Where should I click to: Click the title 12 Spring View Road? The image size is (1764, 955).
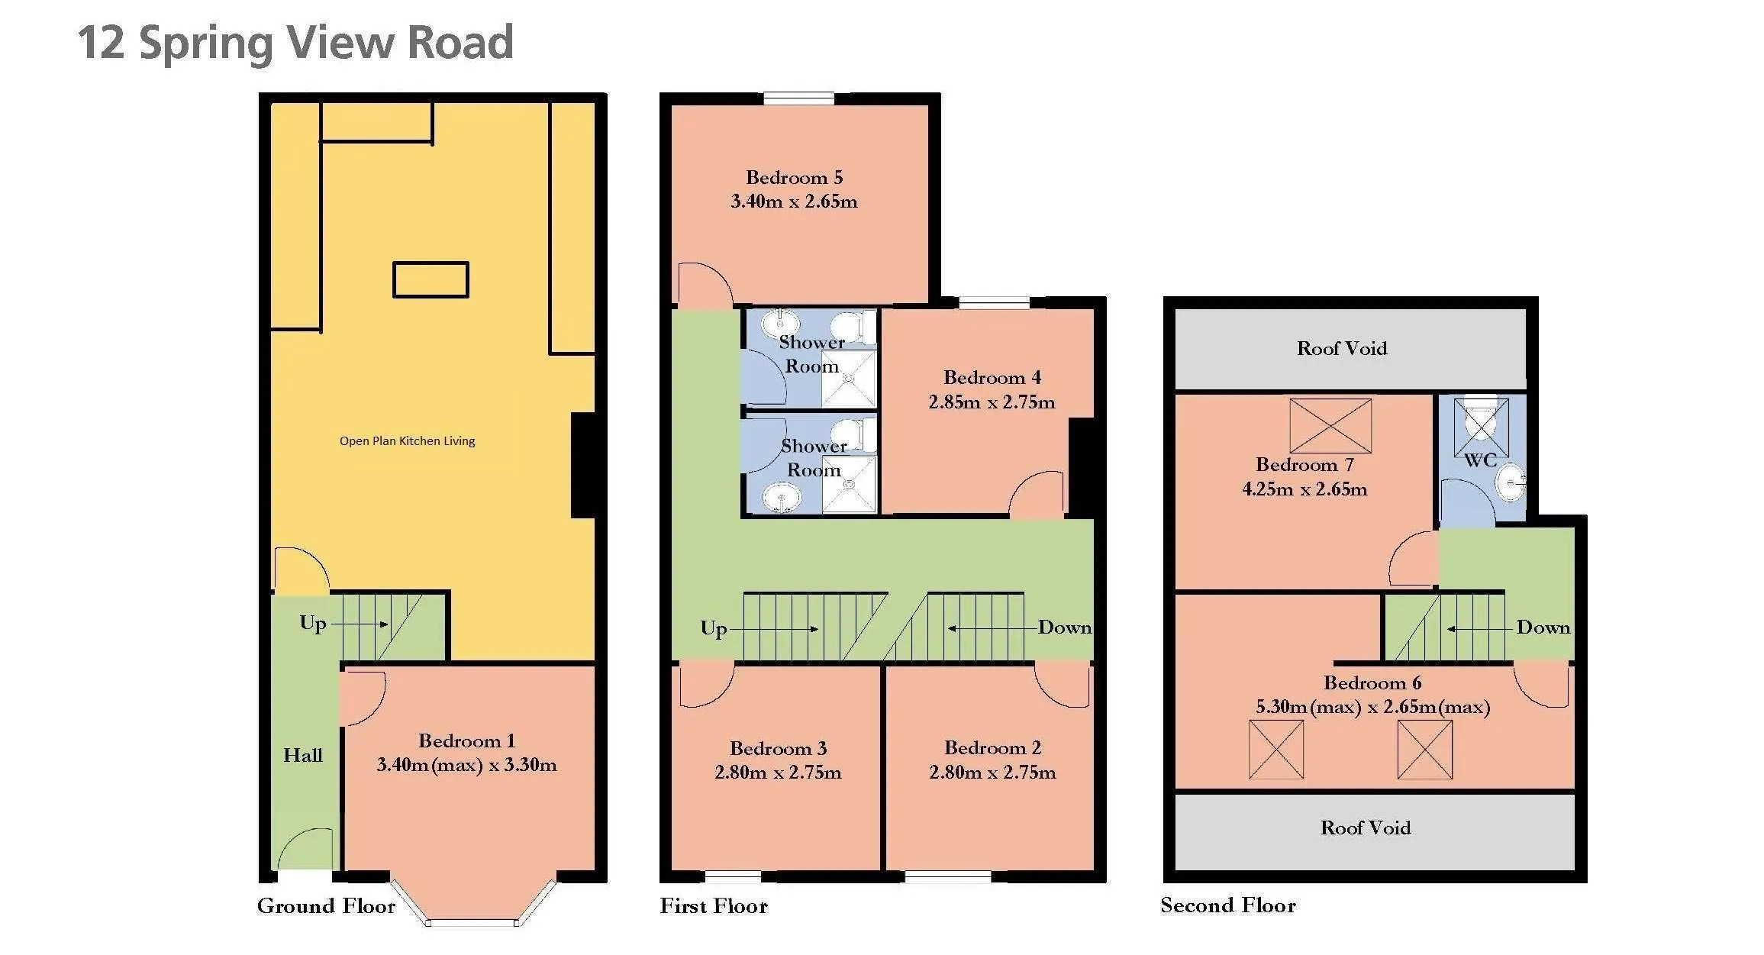pos(295,43)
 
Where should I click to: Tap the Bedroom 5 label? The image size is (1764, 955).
pos(794,178)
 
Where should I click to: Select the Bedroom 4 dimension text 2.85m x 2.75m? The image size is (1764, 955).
pos(992,402)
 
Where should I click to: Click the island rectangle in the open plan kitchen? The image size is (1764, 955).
pos(431,279)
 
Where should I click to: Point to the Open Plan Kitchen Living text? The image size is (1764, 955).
pos(407,441)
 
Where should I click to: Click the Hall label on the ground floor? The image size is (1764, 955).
pos(303,756)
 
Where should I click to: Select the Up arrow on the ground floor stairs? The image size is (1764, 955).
pos(359,624)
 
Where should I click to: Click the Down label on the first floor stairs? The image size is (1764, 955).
pos(1064,628)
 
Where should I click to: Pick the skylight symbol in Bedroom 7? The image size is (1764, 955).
pos(1330,426)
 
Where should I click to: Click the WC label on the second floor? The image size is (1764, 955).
pos(1479,460)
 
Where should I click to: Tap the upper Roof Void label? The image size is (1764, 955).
pos(1341,349)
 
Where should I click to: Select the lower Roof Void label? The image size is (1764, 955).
pos(1365,828)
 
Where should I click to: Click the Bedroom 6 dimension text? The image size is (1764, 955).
pos(1372,707)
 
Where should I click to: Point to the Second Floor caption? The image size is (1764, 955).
pos(1227,905)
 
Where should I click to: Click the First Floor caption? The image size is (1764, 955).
pos(713,906)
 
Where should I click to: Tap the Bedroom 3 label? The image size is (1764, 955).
pos(778,748)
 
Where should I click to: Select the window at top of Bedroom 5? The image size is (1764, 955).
pos(798,98)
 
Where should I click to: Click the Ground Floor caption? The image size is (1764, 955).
pos(326,906)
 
